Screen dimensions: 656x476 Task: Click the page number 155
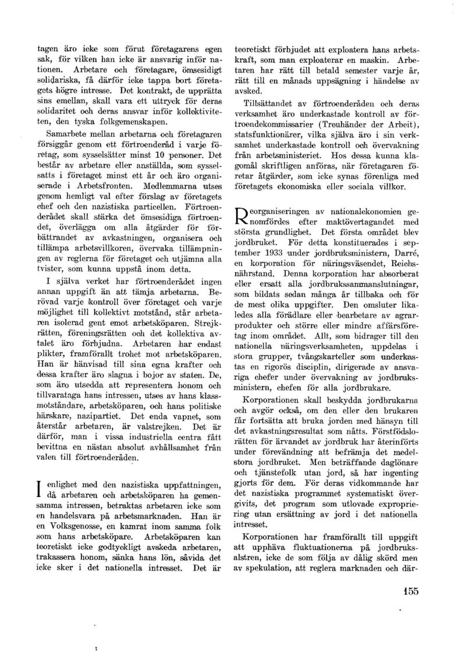tap(410, 593)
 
